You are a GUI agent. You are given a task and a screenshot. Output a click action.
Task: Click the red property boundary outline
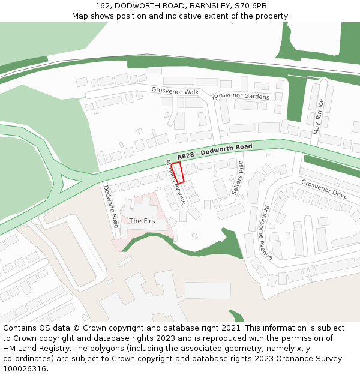[178, 172]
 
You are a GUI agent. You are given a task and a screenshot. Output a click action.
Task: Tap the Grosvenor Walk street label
[175, 91]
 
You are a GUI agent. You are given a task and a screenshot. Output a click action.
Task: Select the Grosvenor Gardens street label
[241, 96]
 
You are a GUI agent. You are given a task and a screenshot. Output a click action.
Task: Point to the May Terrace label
[319, 117]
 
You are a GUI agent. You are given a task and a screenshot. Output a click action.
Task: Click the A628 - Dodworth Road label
[214, 152]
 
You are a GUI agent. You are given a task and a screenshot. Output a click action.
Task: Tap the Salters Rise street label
[238, 178]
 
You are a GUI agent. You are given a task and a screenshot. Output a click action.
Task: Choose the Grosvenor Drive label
[324, 190]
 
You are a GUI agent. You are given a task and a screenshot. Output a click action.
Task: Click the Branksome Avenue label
[267, 233]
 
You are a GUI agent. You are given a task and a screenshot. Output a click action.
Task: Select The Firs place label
[142, 221]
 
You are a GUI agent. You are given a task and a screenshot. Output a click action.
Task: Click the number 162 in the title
[103, 6]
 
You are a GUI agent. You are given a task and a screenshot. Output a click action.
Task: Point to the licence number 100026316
[24, 369]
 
